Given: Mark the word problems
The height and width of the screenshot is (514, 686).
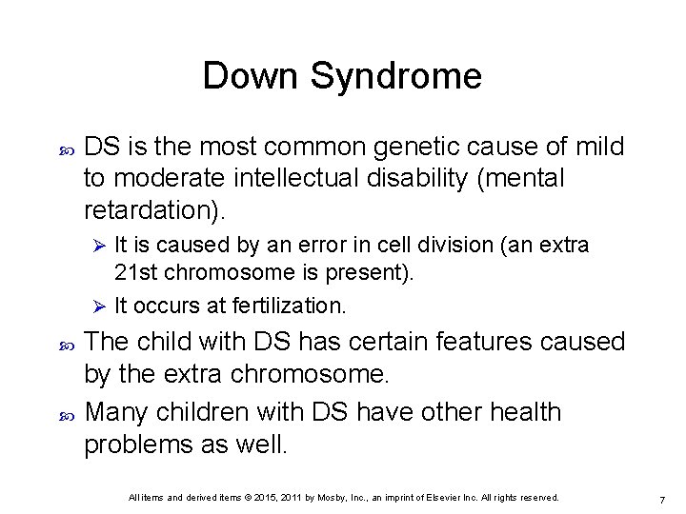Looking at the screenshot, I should [x=151, y=444].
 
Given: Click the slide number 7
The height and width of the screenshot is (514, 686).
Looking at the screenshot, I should [x=660, y=500].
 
